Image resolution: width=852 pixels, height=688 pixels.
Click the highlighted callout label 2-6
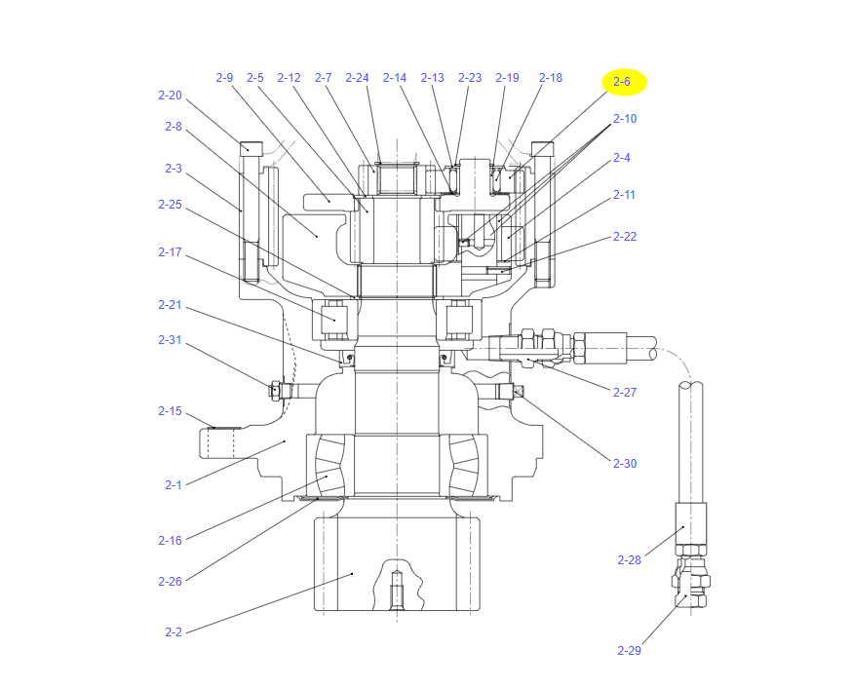[x=622, y=82]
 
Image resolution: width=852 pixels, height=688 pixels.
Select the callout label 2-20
[x=170, y=96]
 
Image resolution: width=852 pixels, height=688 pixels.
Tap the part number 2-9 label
[x=224, y=78]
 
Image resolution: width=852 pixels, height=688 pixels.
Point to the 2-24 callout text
[x=357, y=78]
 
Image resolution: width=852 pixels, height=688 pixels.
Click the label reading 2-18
[x=551, y=78]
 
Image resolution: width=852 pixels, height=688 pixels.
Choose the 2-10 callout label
[x=625, y=118]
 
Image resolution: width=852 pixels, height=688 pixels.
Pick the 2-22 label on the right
[x=625, y=236]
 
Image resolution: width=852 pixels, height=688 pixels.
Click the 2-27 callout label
[x=625, y=392]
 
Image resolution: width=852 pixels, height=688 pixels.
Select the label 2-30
[x=625, y=463]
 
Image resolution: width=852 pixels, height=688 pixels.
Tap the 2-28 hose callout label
[x=629, y=559]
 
